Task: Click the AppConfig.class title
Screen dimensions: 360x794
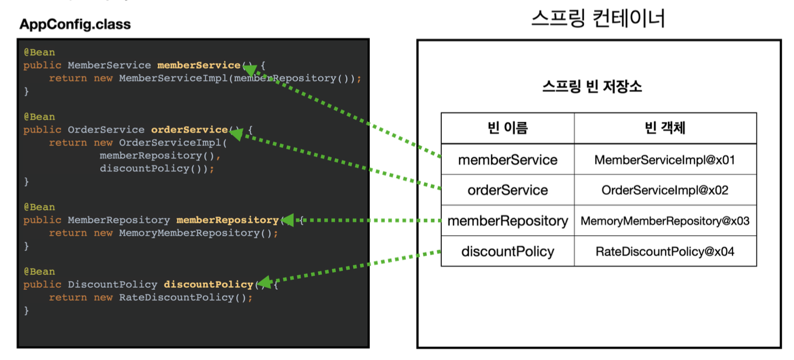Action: click(x=75, y=25)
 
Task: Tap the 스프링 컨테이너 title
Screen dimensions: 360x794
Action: click(x=598, y=19)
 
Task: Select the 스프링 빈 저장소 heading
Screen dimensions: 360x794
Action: click(x=592, y=86)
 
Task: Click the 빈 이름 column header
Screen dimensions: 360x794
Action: click(x=508, y=128)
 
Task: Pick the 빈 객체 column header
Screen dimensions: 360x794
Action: click(x=665, y=128)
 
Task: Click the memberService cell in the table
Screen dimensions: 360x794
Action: click(x=508, y=160)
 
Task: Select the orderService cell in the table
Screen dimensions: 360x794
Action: click(x=508, y=190)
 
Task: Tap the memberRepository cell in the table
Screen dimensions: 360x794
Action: click(x=508, y=220)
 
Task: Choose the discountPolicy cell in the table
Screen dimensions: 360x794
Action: click(x=508, y=251)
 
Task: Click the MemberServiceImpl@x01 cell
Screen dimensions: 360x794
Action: click(x=665, y=160)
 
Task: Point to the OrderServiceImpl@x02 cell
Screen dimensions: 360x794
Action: click(x=665, y=190)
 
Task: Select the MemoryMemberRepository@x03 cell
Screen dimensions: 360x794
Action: click(x=665, y=221)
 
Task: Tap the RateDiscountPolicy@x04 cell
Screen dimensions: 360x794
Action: click(x=665, y=251)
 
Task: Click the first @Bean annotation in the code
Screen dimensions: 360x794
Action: click(x=39, y=53)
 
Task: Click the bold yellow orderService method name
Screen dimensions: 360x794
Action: click(x=189, y=130)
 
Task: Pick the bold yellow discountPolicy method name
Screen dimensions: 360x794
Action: click(x=208, y=284)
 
